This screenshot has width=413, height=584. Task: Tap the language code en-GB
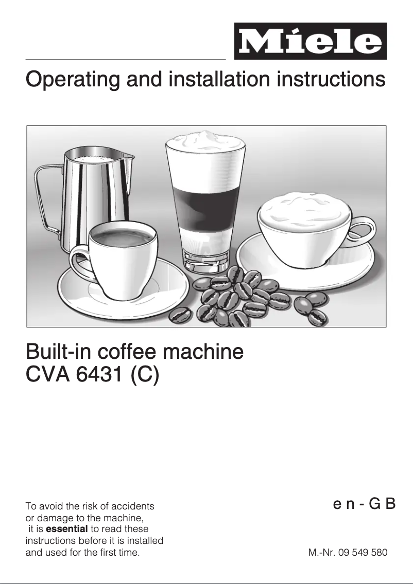[364, 504]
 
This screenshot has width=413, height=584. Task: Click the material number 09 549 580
[363, 553]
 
